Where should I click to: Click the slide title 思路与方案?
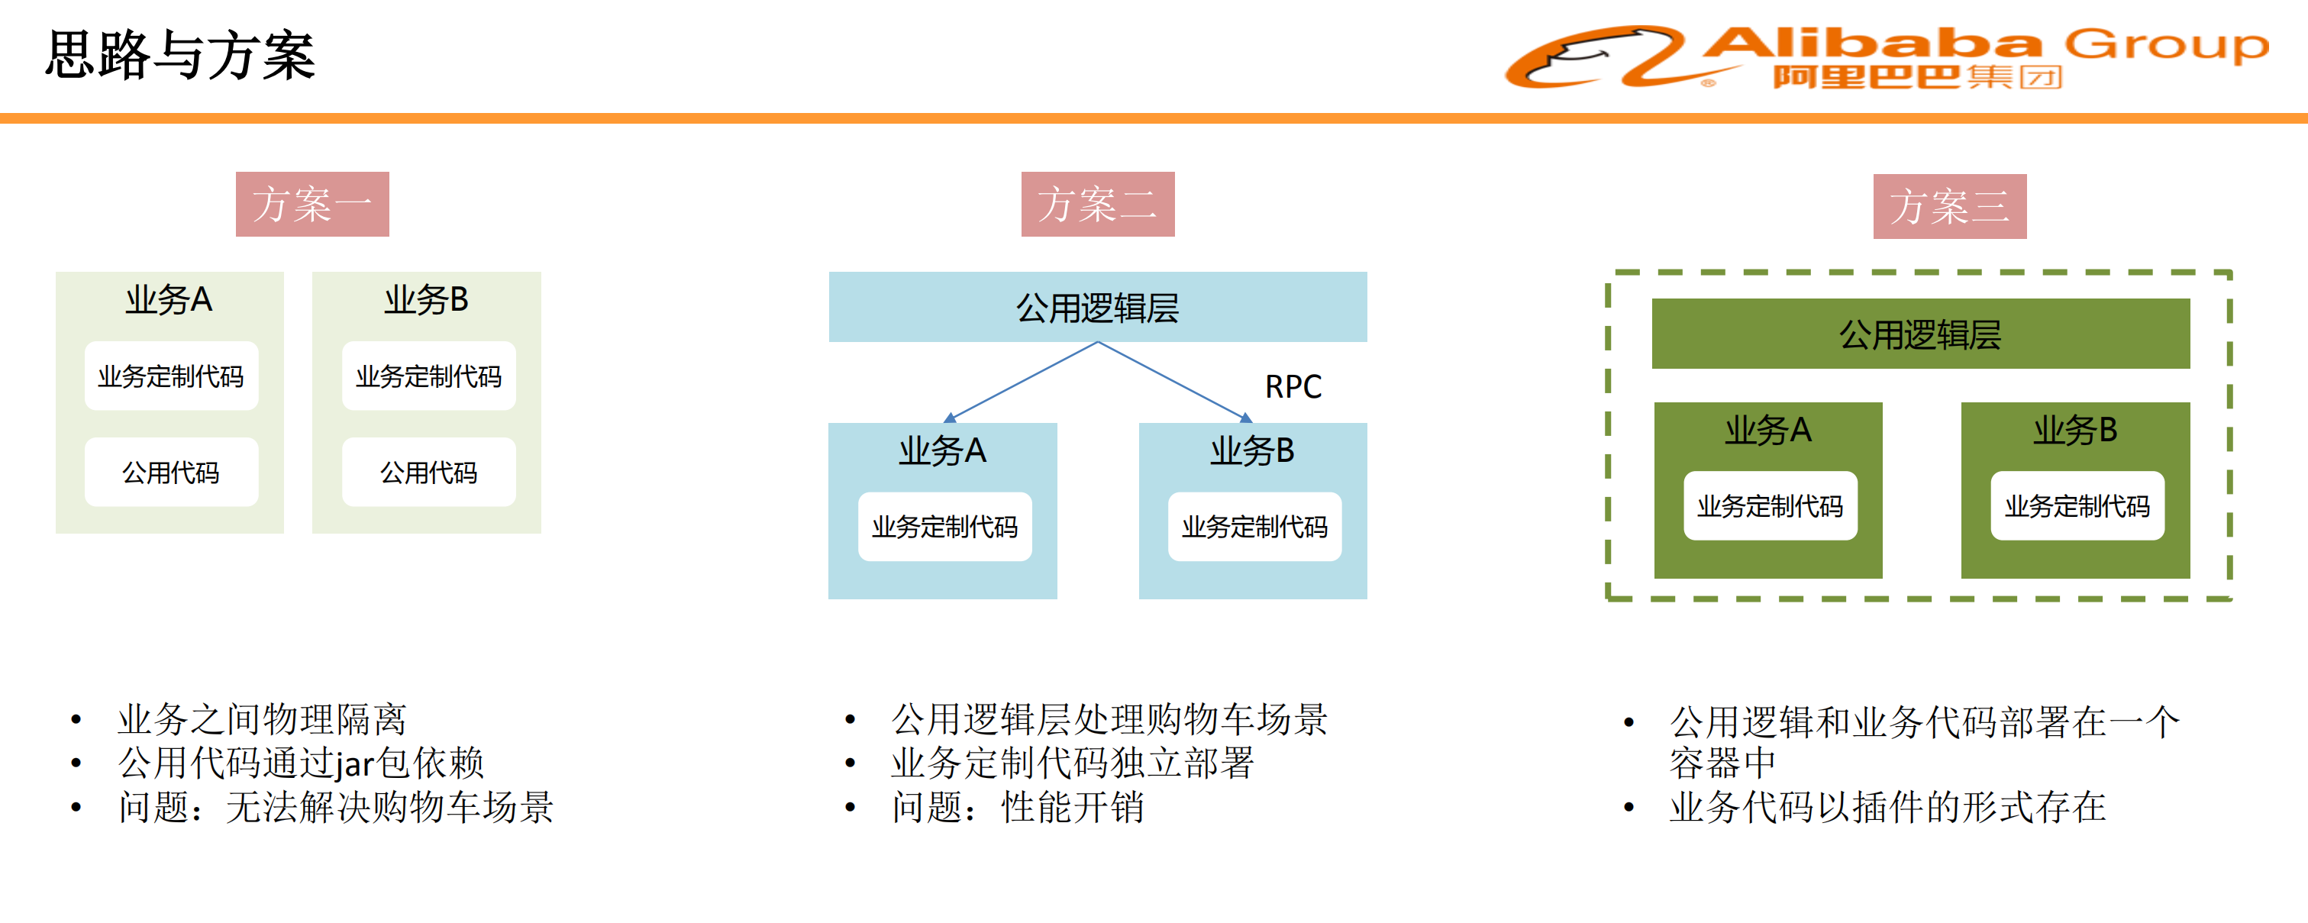[x=180, y=56]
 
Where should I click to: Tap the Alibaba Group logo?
[x=1886, y=57]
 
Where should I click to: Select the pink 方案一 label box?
[x=311, y=205]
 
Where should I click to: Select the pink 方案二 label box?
[x=1098, y=205]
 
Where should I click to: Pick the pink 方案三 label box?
[x=1950, y=206]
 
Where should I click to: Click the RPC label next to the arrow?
[x=1293, y=386]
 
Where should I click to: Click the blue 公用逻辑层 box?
[x=1098, y=308]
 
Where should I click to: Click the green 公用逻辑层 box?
[x=1920, y=334]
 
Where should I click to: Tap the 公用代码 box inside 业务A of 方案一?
[x=171, y=473]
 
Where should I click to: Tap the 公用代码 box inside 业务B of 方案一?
[x=428, y=473]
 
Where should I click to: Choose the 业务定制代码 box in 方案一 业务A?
[x=171, y=376]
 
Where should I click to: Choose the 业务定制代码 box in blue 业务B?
[x=1254, y=527]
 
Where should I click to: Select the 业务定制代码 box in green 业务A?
[x=1770, y=506]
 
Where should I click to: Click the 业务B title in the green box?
[x=2075, y=430]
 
